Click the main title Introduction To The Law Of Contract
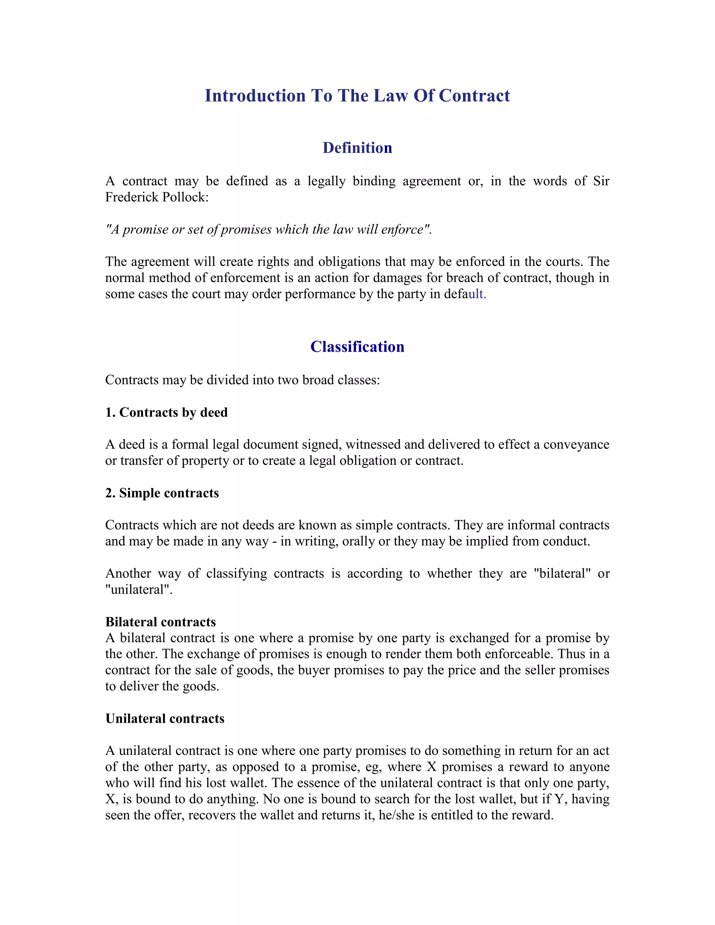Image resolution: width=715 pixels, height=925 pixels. tap(357, 96)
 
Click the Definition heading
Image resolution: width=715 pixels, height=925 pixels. tap(357, 148)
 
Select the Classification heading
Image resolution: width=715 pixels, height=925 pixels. tap(357, 347)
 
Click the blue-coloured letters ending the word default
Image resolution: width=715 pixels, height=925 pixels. tap(477, 294)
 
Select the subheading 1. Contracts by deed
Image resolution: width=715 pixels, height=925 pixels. tap(167, 413)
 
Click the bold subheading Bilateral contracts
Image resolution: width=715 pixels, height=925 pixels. tap(161, 622)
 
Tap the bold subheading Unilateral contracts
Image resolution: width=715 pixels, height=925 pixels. tap(165, 719)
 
